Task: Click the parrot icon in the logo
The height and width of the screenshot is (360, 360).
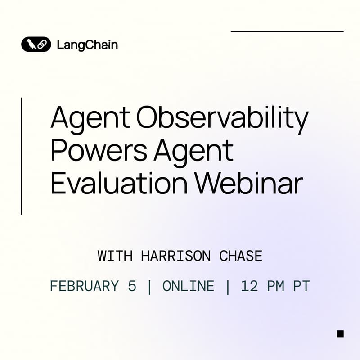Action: [31, 45]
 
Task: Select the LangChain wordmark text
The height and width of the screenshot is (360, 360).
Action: [87, 45]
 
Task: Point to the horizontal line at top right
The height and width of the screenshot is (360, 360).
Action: [287, 31]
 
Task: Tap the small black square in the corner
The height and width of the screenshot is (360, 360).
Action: [340, 333]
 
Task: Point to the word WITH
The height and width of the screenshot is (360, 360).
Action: [115, 256]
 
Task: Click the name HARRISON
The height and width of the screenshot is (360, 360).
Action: [175, 256]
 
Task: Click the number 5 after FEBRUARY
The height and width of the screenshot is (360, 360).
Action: [132, 286]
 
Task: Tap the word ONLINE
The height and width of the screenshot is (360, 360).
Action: [188, 286]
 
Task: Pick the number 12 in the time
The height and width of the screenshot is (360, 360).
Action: [248, 286]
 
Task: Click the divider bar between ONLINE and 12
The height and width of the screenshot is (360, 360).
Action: [227, 286]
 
